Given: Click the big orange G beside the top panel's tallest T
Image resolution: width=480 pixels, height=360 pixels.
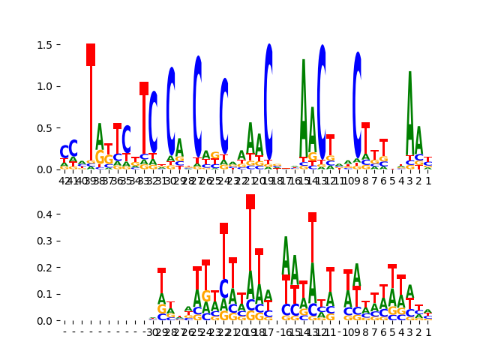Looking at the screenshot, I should coord(100,158).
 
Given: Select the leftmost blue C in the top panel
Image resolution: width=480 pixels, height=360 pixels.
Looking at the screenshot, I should coord(64,152).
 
